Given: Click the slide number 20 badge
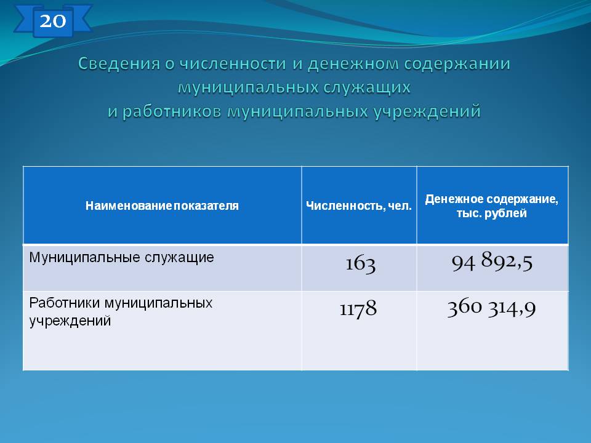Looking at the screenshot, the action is click(53, 21).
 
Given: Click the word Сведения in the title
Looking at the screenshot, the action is click(119, 63).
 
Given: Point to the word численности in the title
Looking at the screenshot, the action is click(233, 63).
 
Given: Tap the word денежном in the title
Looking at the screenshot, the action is click(353, 63).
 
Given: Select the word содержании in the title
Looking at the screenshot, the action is click(457, 63).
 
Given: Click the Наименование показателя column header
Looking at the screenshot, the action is click(162, 206).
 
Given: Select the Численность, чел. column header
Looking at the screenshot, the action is click(359, 206).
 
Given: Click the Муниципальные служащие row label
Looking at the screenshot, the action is click(121, 258).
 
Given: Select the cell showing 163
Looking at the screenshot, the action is click(361, 264).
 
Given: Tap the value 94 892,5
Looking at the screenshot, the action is click(492, 261).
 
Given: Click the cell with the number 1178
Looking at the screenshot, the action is click(358, 309).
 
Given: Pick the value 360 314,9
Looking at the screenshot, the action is click(491, 308).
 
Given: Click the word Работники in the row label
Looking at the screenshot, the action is click(65, 303).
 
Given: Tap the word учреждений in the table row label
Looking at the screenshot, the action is click(70, 321).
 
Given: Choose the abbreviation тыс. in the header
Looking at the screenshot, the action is click(468, 214).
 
